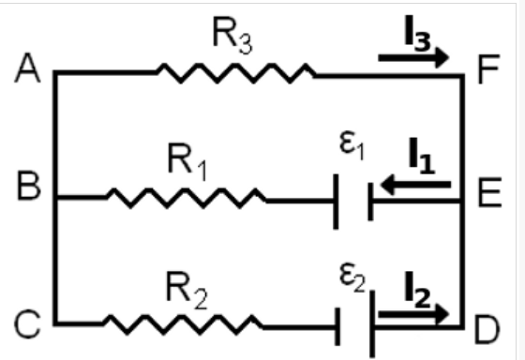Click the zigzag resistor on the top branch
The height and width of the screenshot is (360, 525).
tap(235, 72)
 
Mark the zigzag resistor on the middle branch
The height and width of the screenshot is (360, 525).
tap(186, 198)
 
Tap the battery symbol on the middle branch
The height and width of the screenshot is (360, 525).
tap(353, 199)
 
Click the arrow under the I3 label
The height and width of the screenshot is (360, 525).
tap(413, 57)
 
